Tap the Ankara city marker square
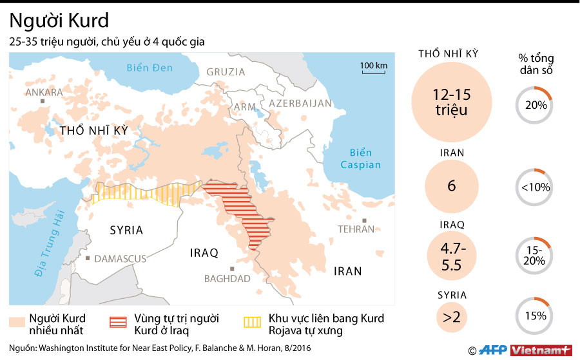(x=43, y=101)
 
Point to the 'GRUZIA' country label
(x=226, y=72)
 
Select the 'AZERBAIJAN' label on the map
(x=300, y=103)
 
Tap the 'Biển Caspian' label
(x=361, y=158)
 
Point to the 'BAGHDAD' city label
(x=227, y=279)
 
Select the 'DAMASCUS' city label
(x=120, y=259)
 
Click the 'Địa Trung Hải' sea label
(x=52, y=245)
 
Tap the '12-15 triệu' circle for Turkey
(x=451, y=103)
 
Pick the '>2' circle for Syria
(x=451, y=316)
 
